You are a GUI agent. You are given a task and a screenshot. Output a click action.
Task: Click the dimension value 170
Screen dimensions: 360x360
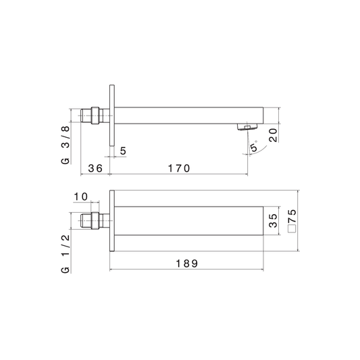pos(179,168)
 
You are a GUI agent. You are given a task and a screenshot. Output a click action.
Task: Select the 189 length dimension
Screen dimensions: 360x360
pos(186,263)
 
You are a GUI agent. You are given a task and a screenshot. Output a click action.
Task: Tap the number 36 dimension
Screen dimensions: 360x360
pos(95,168)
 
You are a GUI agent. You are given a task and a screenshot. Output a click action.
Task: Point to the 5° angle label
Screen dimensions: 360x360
pos(254,147)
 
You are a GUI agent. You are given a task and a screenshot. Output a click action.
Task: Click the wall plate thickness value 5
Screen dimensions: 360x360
pos(124,151)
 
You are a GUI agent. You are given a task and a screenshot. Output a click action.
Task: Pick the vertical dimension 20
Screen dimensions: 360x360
pos(273,135)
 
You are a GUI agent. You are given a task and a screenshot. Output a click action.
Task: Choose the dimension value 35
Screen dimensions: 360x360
pos(273,220)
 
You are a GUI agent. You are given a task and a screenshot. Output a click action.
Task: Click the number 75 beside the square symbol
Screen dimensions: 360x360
pos(292,216)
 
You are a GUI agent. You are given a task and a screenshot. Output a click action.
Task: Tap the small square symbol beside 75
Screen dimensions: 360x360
pos(292,229)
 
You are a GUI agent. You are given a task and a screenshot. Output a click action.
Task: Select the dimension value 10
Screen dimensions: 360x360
pos(81,197)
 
